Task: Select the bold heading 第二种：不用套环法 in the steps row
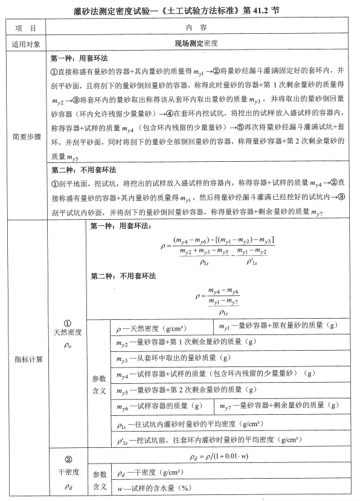click(x=84, y=169)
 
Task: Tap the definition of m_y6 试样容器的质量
click(x=163, y=405)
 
